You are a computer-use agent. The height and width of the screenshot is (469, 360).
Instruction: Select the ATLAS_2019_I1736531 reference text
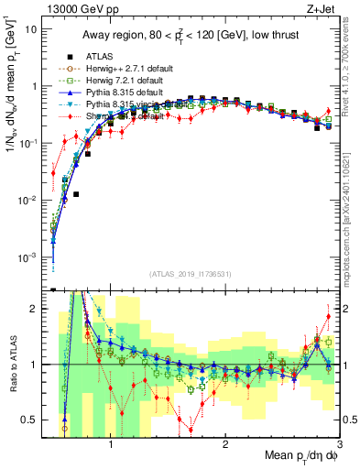click(x=190, y=274)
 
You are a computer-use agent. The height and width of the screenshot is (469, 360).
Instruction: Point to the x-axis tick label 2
click(x=225, y=445)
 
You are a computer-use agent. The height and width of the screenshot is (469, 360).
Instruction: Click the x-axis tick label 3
click(x=339, y=445)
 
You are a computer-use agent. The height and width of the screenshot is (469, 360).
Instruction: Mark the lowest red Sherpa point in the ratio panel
click(x=191, y=429)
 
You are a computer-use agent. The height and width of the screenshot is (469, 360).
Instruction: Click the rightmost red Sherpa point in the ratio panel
click(x=329, y=317)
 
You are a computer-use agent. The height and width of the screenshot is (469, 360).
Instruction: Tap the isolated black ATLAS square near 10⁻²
click(x=77, y=194)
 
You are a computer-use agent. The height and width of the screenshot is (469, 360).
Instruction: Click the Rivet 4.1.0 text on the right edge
click(x=352, y=64)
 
